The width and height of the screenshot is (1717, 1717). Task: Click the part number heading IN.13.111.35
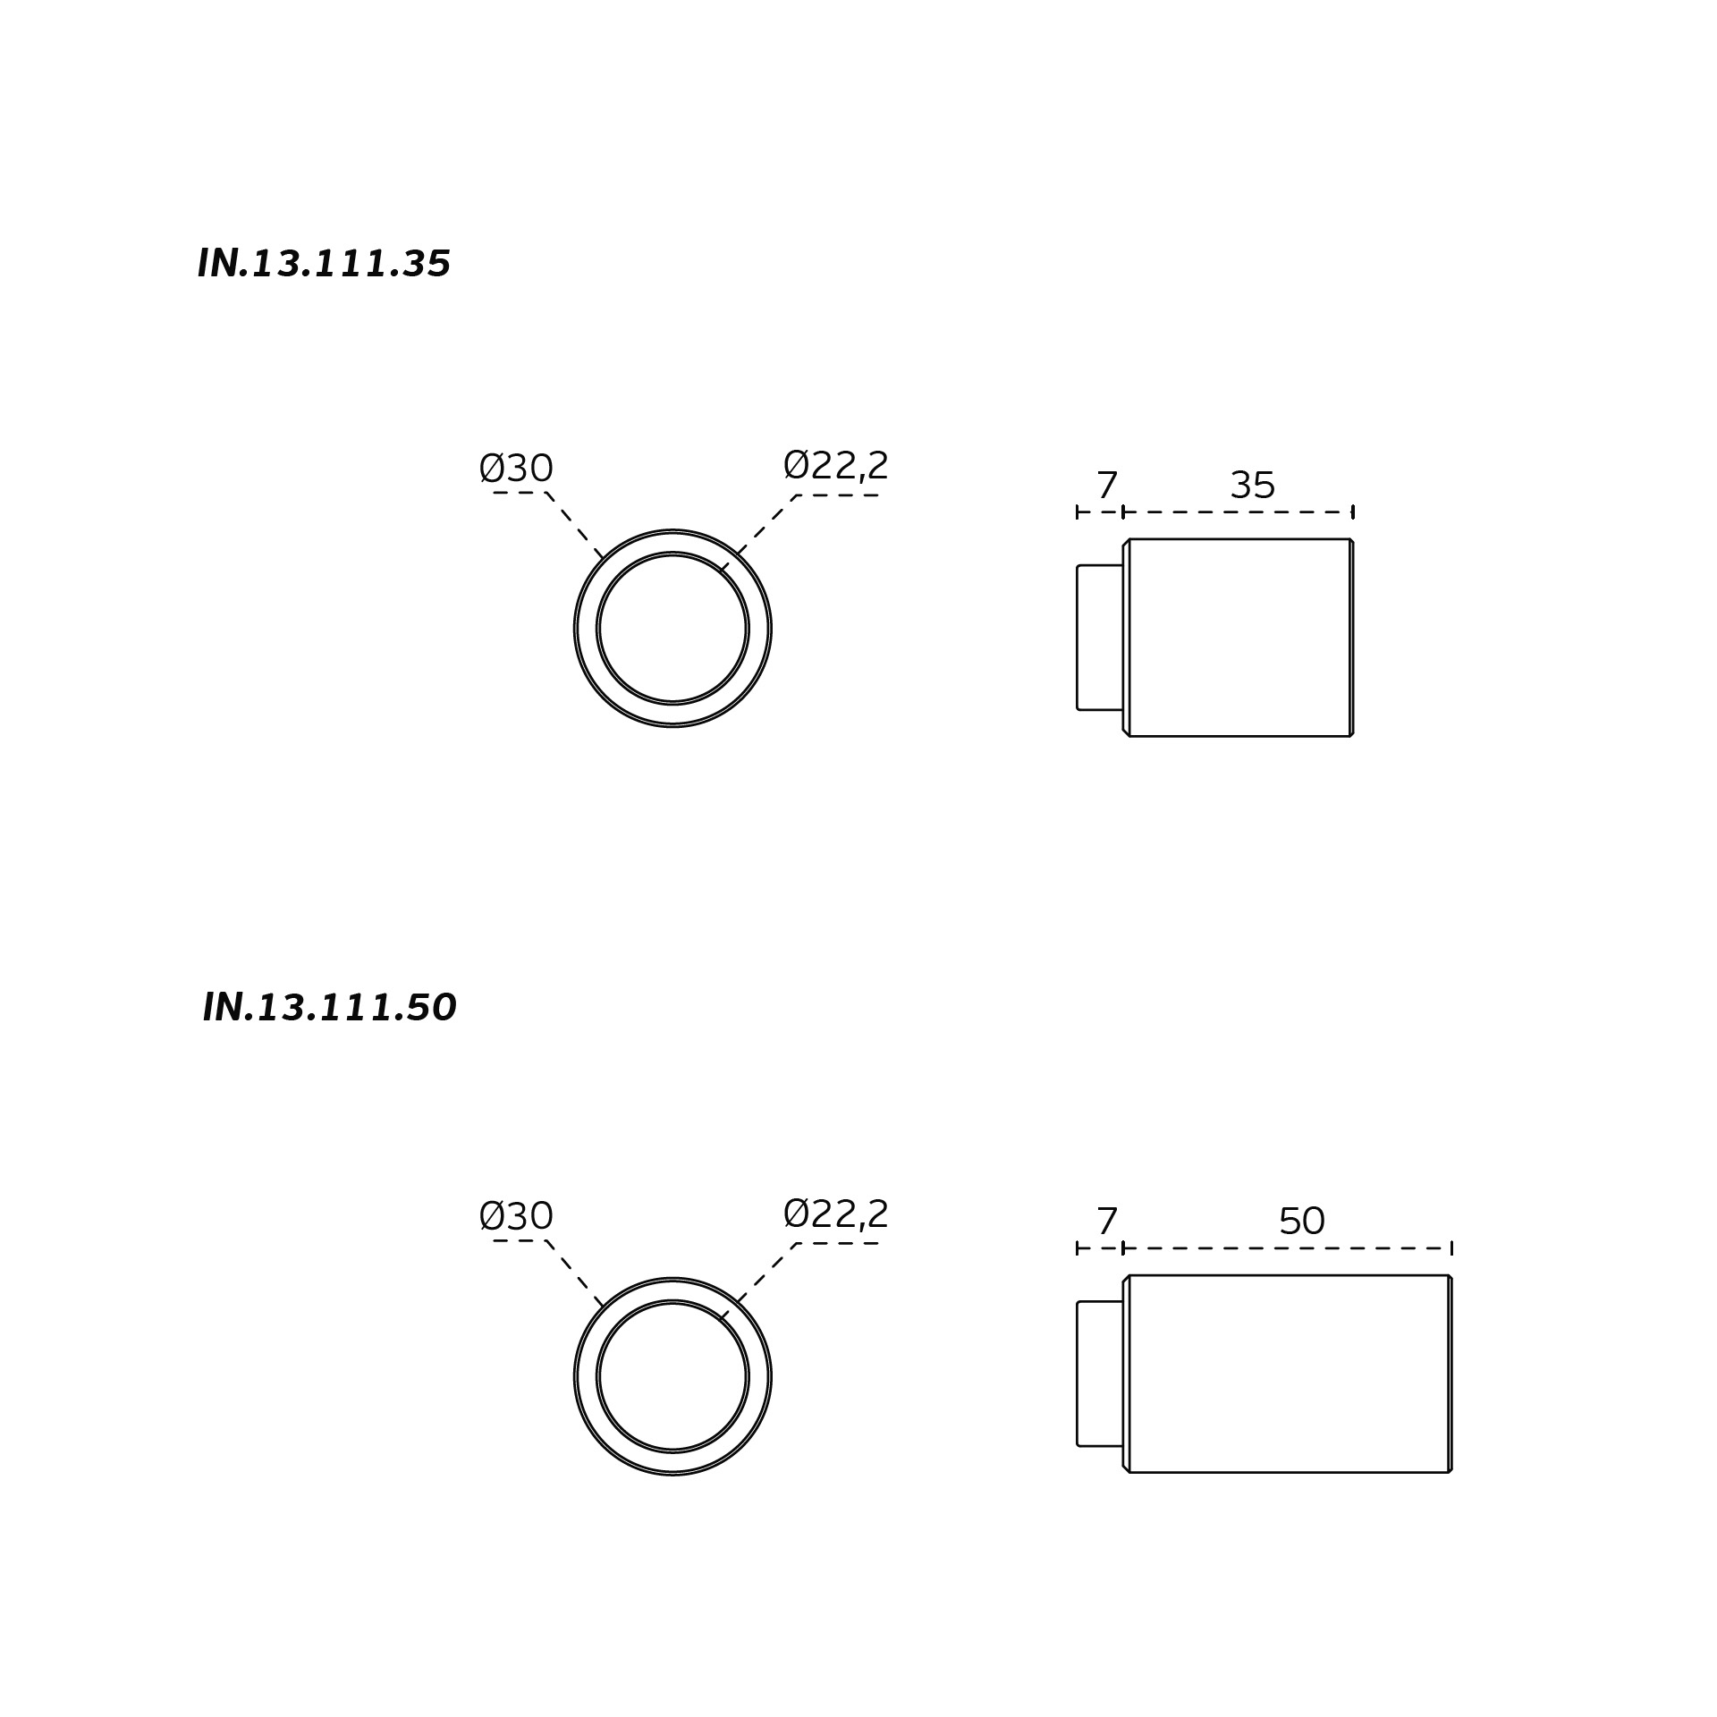(324, 264)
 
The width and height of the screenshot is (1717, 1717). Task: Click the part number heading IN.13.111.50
(329, 1008)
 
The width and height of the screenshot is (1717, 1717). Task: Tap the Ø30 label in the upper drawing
(516, 469)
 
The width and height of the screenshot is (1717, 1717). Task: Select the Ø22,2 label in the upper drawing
(835, 466)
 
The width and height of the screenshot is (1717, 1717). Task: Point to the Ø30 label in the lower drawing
(516, 1216)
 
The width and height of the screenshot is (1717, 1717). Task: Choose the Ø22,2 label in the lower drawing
(835, 1214)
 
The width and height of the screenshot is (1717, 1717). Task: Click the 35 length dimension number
(1252, 486)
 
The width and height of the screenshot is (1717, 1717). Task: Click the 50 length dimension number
(1301, 1222)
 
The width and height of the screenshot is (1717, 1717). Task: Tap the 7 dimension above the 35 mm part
(1106, 486)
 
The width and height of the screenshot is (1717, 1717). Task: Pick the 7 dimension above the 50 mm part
(1106, 1222)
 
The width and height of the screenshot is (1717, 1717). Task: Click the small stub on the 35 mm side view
(1100, 638)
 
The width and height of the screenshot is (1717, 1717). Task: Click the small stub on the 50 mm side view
(1100, 1374)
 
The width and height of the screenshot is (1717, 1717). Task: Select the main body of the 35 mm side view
(1239, 638)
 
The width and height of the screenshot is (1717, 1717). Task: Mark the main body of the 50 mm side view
(1289, 1374)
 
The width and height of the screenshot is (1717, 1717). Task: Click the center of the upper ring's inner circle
(672, 629)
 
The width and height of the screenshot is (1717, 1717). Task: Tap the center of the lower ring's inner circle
(672, 1376)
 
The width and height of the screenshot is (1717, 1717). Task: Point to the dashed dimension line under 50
(1287, 1248)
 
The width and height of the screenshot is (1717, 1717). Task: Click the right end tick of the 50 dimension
(1451, 1248)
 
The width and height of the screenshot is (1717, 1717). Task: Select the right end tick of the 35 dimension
(1353, 512)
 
